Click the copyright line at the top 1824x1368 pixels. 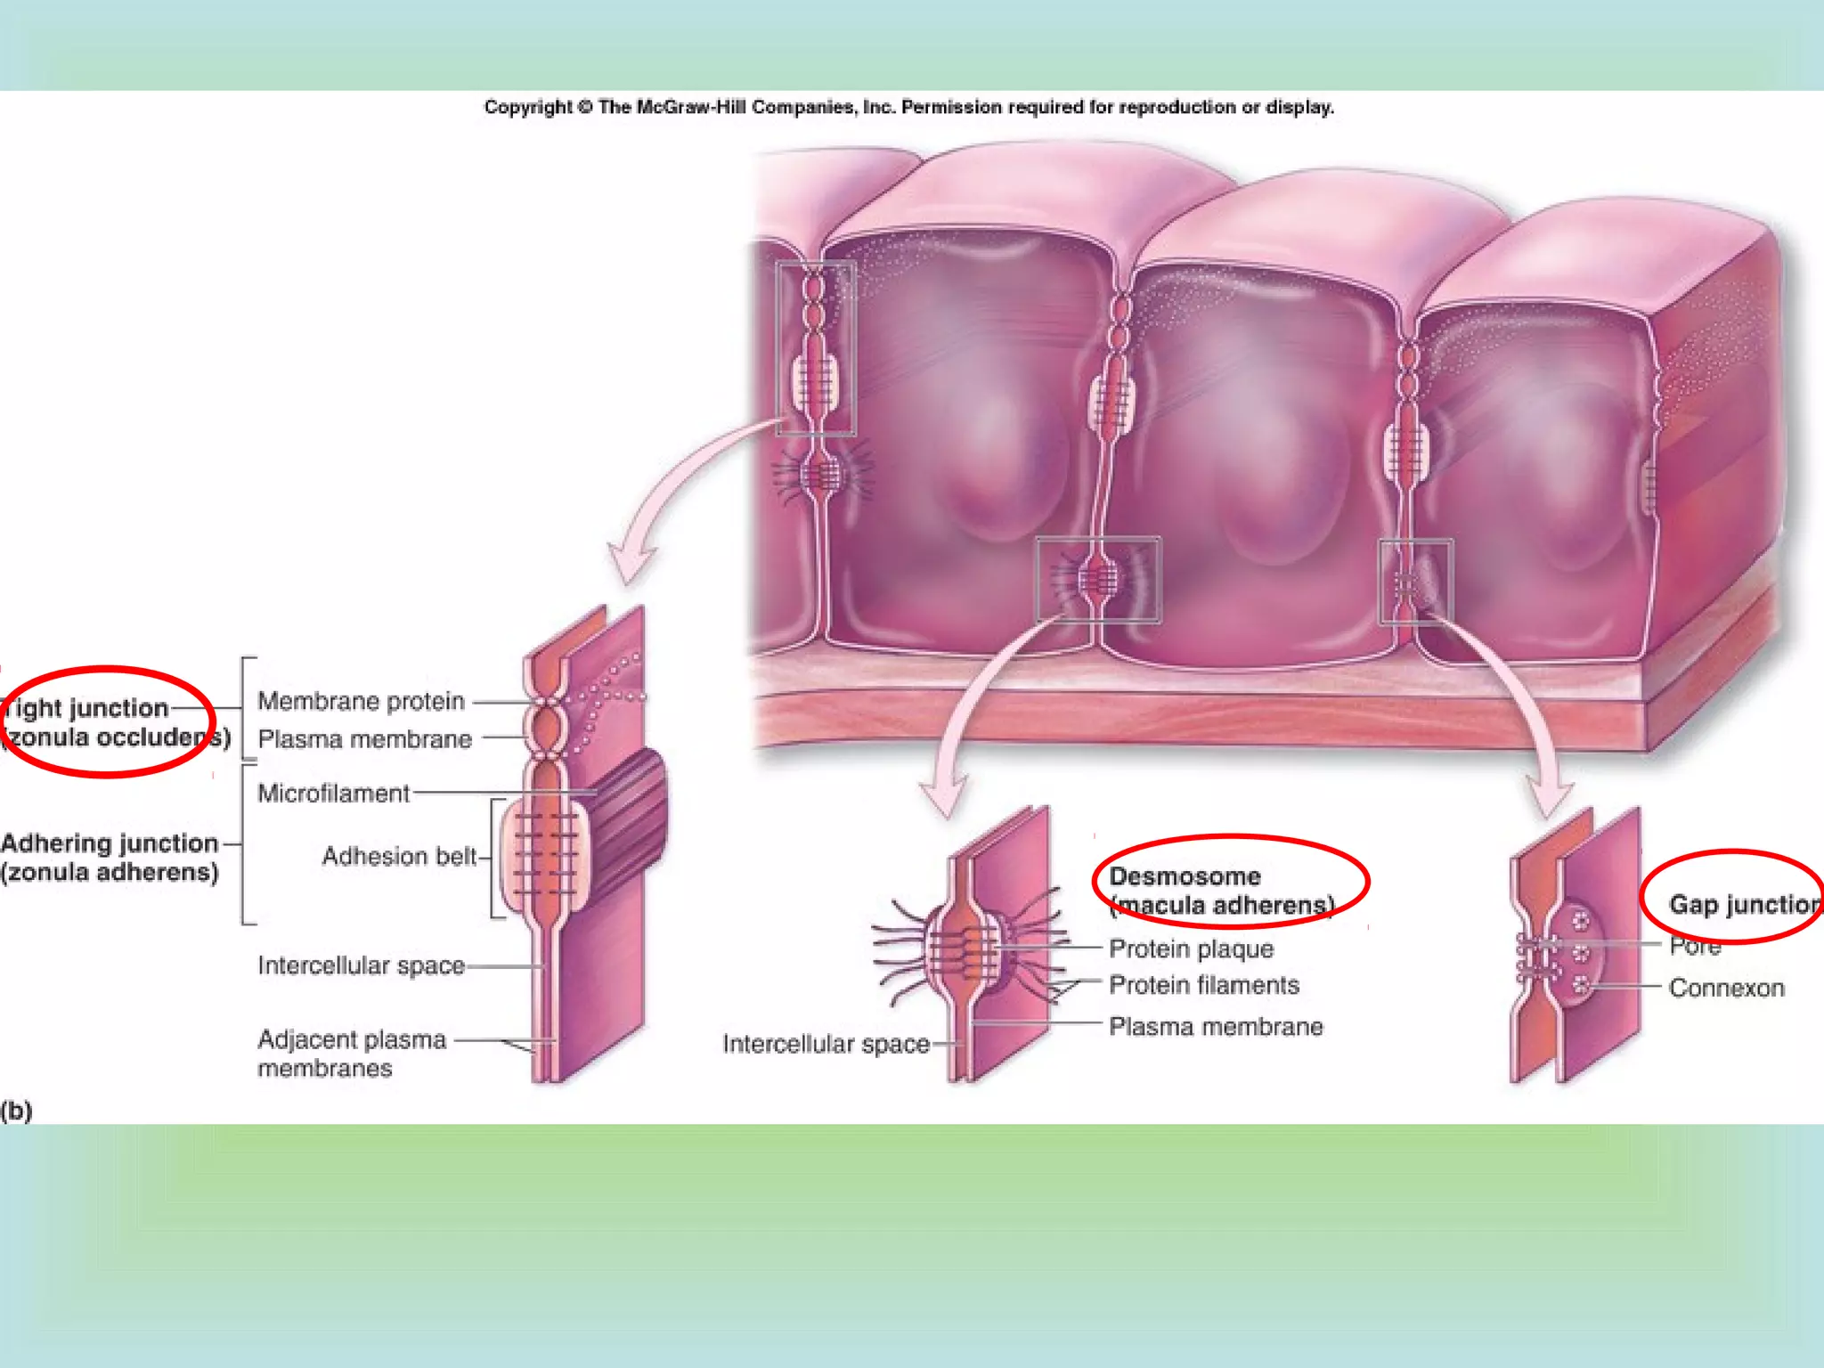908,108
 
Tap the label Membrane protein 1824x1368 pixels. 361,702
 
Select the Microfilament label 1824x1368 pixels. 333,794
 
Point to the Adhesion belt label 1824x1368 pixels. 399,857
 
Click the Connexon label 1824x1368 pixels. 1726,989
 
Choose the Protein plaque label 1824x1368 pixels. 1191,949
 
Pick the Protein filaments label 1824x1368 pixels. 1203,986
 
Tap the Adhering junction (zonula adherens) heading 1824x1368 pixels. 110,858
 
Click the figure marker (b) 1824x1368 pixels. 16,1111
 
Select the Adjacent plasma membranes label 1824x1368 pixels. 351,1054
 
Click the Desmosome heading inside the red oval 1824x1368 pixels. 1185,877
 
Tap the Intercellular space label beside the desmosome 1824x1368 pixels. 826,1044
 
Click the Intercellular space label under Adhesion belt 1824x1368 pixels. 361,966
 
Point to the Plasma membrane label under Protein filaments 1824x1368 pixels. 1216,1028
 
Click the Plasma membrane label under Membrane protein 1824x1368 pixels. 364,740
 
